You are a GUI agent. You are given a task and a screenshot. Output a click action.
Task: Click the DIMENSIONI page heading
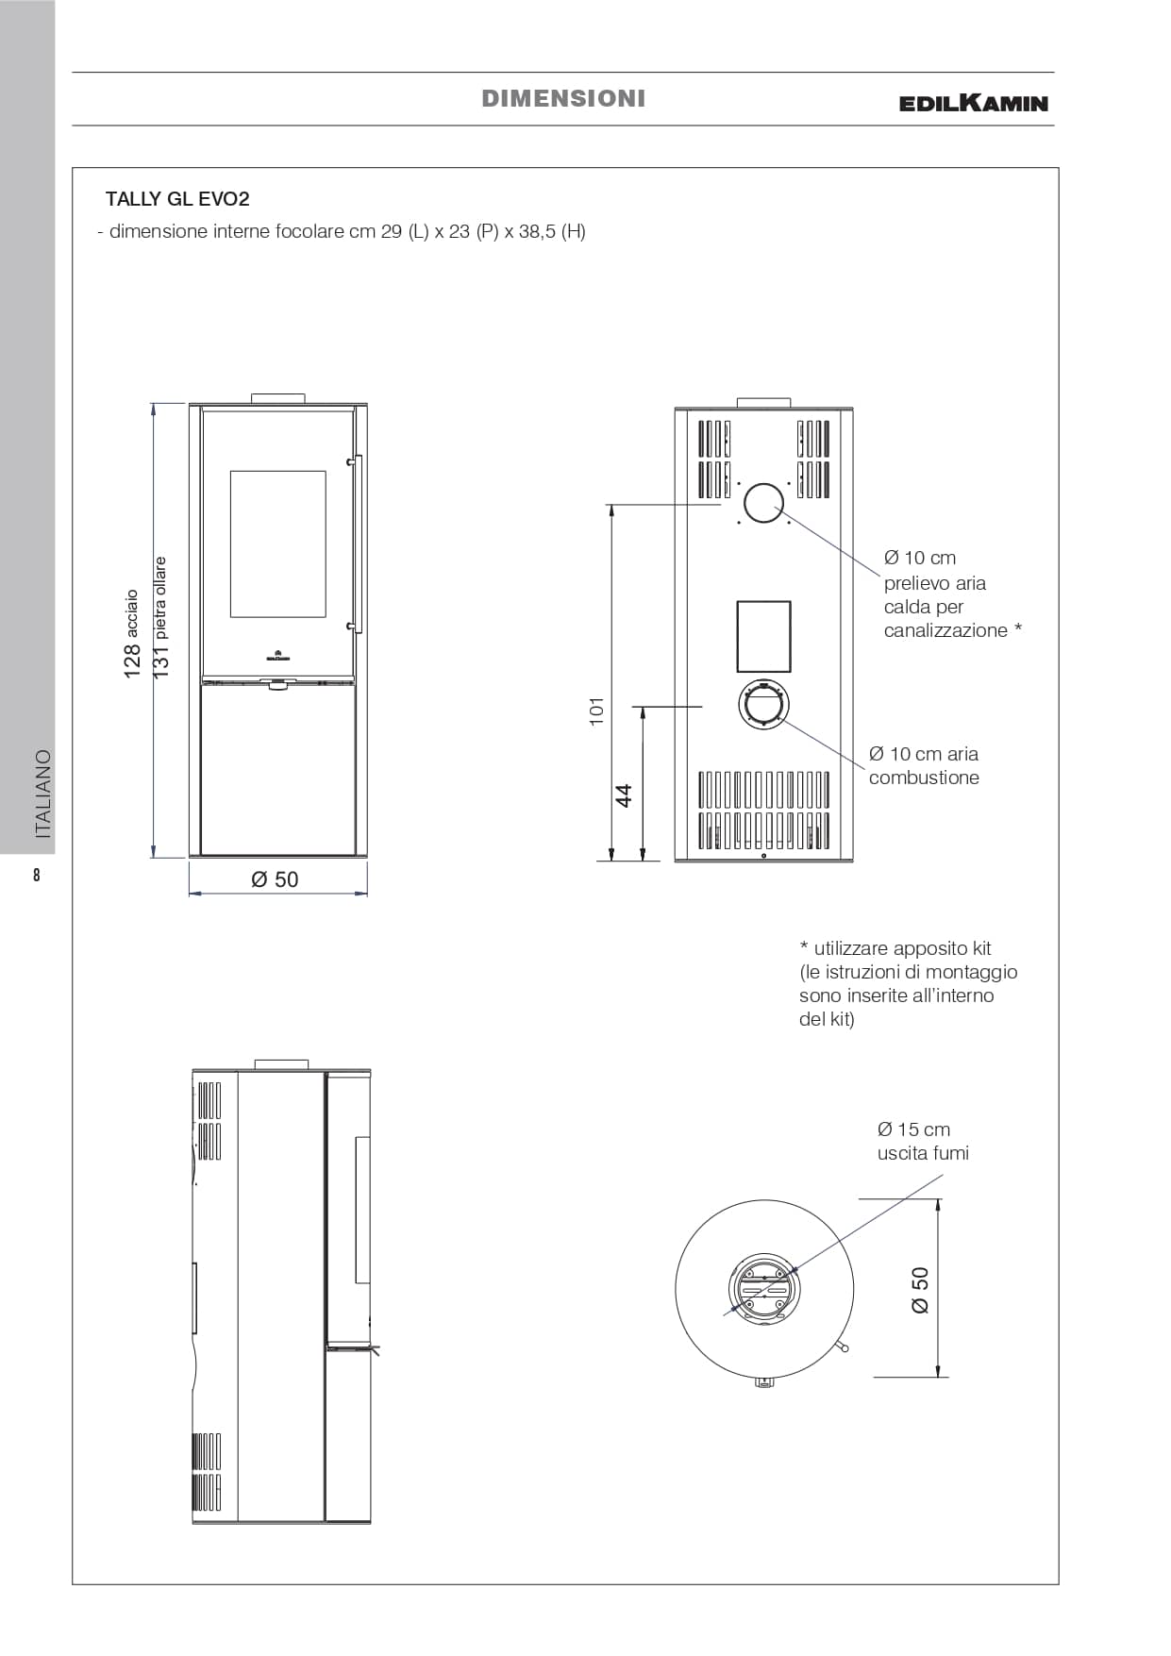pos(563,98)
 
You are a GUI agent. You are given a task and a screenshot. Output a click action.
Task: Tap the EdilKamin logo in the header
pos(974,103)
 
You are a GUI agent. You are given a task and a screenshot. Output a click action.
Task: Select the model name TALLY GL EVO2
pos(177,199)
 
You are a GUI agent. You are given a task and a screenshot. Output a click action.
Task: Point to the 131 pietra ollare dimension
pos(160,617)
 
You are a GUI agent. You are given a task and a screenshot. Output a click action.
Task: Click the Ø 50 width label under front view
pos(275,879)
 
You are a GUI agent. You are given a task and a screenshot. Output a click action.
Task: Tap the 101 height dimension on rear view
pos(596,711)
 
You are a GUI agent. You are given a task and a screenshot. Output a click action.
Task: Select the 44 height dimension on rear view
pos(624,795)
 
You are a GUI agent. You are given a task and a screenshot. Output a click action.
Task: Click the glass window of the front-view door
pos(278,544)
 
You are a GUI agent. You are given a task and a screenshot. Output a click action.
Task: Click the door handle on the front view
pos(357,543)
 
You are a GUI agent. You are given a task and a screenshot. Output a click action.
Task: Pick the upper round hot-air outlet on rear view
pos(763,503)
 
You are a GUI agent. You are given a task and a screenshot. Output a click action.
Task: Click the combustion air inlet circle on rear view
pos(763,705)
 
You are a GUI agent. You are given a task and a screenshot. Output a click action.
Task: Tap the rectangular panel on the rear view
pos(763,636)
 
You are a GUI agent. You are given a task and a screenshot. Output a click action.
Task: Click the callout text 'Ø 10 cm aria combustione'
pos(924,765)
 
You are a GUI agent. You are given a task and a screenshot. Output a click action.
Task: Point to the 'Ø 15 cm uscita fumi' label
pos(923,1141)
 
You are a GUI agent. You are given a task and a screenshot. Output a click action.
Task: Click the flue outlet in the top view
pos(764,1289)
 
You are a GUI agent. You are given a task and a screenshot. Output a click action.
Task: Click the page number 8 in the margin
pos(37,875)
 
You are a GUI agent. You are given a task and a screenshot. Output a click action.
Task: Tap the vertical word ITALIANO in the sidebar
pos(42,795)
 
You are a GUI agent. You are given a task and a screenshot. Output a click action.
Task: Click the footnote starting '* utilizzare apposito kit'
pos(908,983)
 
